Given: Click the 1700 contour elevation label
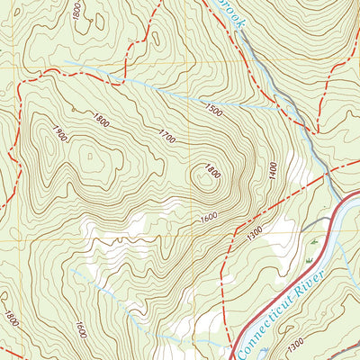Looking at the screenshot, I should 167,139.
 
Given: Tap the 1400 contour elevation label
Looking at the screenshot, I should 271,168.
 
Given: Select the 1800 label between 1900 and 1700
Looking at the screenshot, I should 101,119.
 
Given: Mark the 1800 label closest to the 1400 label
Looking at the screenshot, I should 212,168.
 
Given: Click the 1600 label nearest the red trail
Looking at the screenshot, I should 209,217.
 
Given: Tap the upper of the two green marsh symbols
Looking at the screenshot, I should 314,243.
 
